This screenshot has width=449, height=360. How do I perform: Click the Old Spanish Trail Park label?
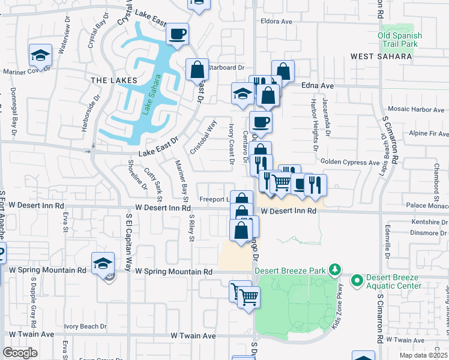click(x=400, y=40)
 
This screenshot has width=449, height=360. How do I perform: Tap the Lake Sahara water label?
click(x=150, y=95)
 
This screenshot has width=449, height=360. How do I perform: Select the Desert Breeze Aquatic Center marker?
click(x=357, y=280)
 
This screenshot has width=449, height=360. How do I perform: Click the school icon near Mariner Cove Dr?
click(x=41, y=56)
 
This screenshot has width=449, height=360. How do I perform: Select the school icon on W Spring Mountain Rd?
click(x=103, y=263)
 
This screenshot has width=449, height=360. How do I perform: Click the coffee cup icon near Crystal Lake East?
click(x=177, y=34)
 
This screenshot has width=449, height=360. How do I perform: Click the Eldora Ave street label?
click(x=276, y=22)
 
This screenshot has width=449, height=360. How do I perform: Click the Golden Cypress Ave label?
click(x=351, y=162)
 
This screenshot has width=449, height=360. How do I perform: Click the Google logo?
click(x=20, y=353)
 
